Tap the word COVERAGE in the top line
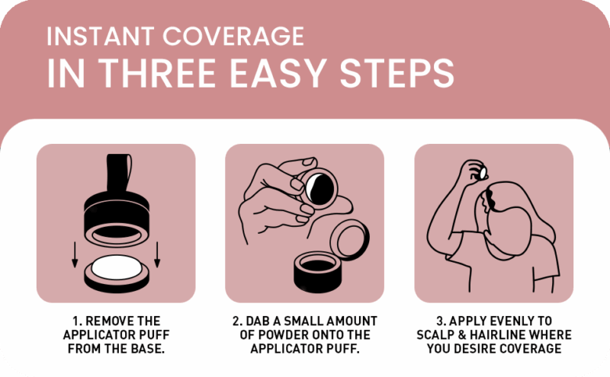click(x=233, y=36)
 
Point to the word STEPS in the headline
click(x=397, y=73)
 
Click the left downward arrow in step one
click(x=75, y=254)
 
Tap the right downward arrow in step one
click(x=157, y=254)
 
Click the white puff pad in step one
click(x=117, y=267)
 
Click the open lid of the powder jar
click(x=349, y=240)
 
